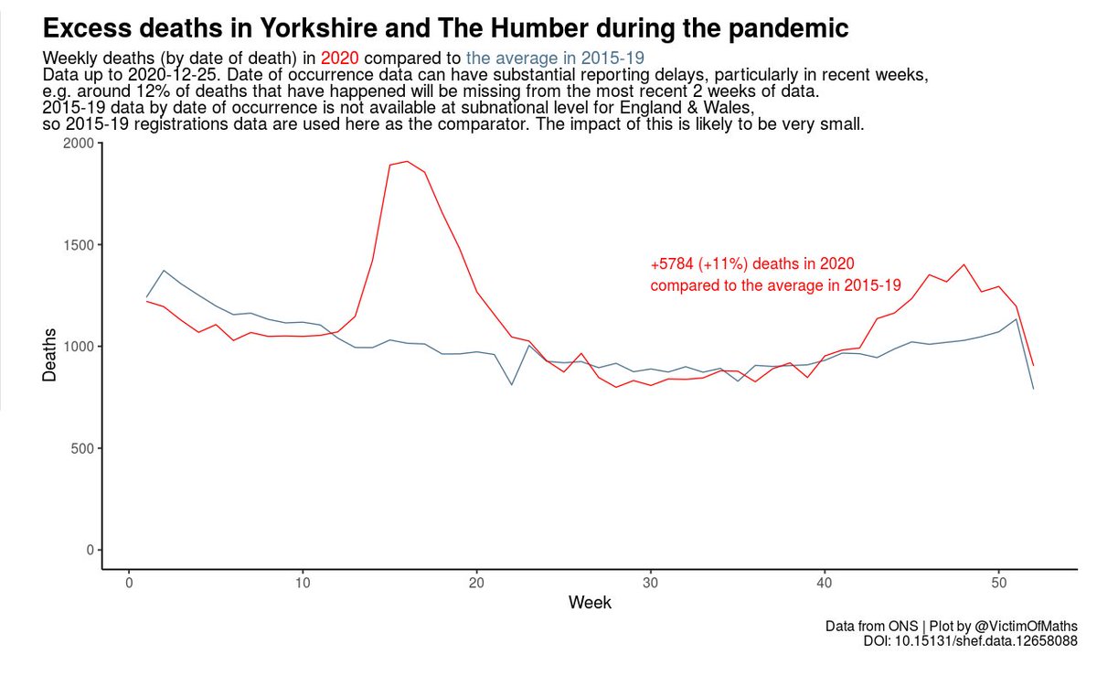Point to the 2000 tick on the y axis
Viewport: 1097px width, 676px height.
[x=78, y=144]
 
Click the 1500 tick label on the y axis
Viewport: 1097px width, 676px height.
[x=78, y=245]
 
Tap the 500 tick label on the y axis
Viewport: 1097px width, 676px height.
[x=81, y=448]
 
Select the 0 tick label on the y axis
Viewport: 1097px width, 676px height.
[x=88, y=550]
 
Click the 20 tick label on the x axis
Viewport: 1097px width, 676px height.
[x=476, y=583]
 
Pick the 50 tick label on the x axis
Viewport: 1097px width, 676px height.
[x=998, y=583]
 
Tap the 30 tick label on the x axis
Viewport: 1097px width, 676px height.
[x=650, y=583]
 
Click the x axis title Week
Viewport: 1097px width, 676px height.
[x=590, y=603]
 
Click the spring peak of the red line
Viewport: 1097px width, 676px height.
[x=407, y=161]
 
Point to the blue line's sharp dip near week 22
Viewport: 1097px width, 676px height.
[x=511, y=384]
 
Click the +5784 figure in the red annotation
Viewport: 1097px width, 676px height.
[x=672, y=263]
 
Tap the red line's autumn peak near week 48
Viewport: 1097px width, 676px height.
[x=964, y=264]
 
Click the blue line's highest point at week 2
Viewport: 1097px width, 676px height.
[x=164, y=271]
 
